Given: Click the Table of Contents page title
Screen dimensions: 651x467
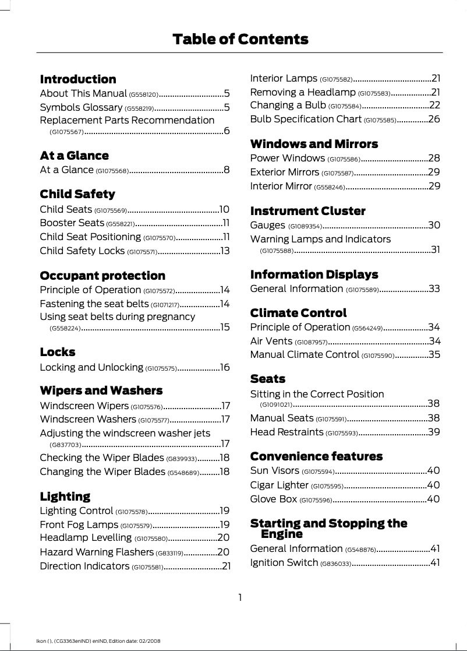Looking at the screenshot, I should coord(240,40).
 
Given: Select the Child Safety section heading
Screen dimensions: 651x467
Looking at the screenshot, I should coord(77,194).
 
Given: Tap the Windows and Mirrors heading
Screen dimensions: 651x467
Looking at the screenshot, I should coord(314,144).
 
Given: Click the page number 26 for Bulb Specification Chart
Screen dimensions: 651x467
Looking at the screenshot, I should coord(434,119).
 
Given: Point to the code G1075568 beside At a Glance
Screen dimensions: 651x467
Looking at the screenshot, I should coord(112,171).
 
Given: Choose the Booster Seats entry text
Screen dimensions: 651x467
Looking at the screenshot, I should coord(72,223).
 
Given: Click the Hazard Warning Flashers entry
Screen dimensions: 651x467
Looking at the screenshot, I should coord(97,552).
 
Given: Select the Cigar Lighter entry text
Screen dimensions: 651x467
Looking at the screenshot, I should coord(279,485).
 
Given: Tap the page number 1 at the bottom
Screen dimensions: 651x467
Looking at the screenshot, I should coord(239,597).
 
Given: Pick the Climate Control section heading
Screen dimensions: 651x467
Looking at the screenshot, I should coord(298,313).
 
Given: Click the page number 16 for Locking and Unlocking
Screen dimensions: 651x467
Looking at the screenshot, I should coord(225,368).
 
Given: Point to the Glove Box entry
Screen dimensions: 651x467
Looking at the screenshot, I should coord(273,499).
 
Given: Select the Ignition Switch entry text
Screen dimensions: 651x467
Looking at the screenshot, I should coord(284,563).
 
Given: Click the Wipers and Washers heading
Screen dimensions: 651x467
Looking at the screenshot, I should coord(101,390).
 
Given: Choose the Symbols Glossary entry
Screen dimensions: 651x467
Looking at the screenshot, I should coord(81,107).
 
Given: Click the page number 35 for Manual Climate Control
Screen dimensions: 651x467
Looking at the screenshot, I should coord(434,354).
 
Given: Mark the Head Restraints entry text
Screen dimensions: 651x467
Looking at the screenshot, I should coord(286,432).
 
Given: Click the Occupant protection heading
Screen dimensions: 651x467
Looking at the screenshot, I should coord(102,276).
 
